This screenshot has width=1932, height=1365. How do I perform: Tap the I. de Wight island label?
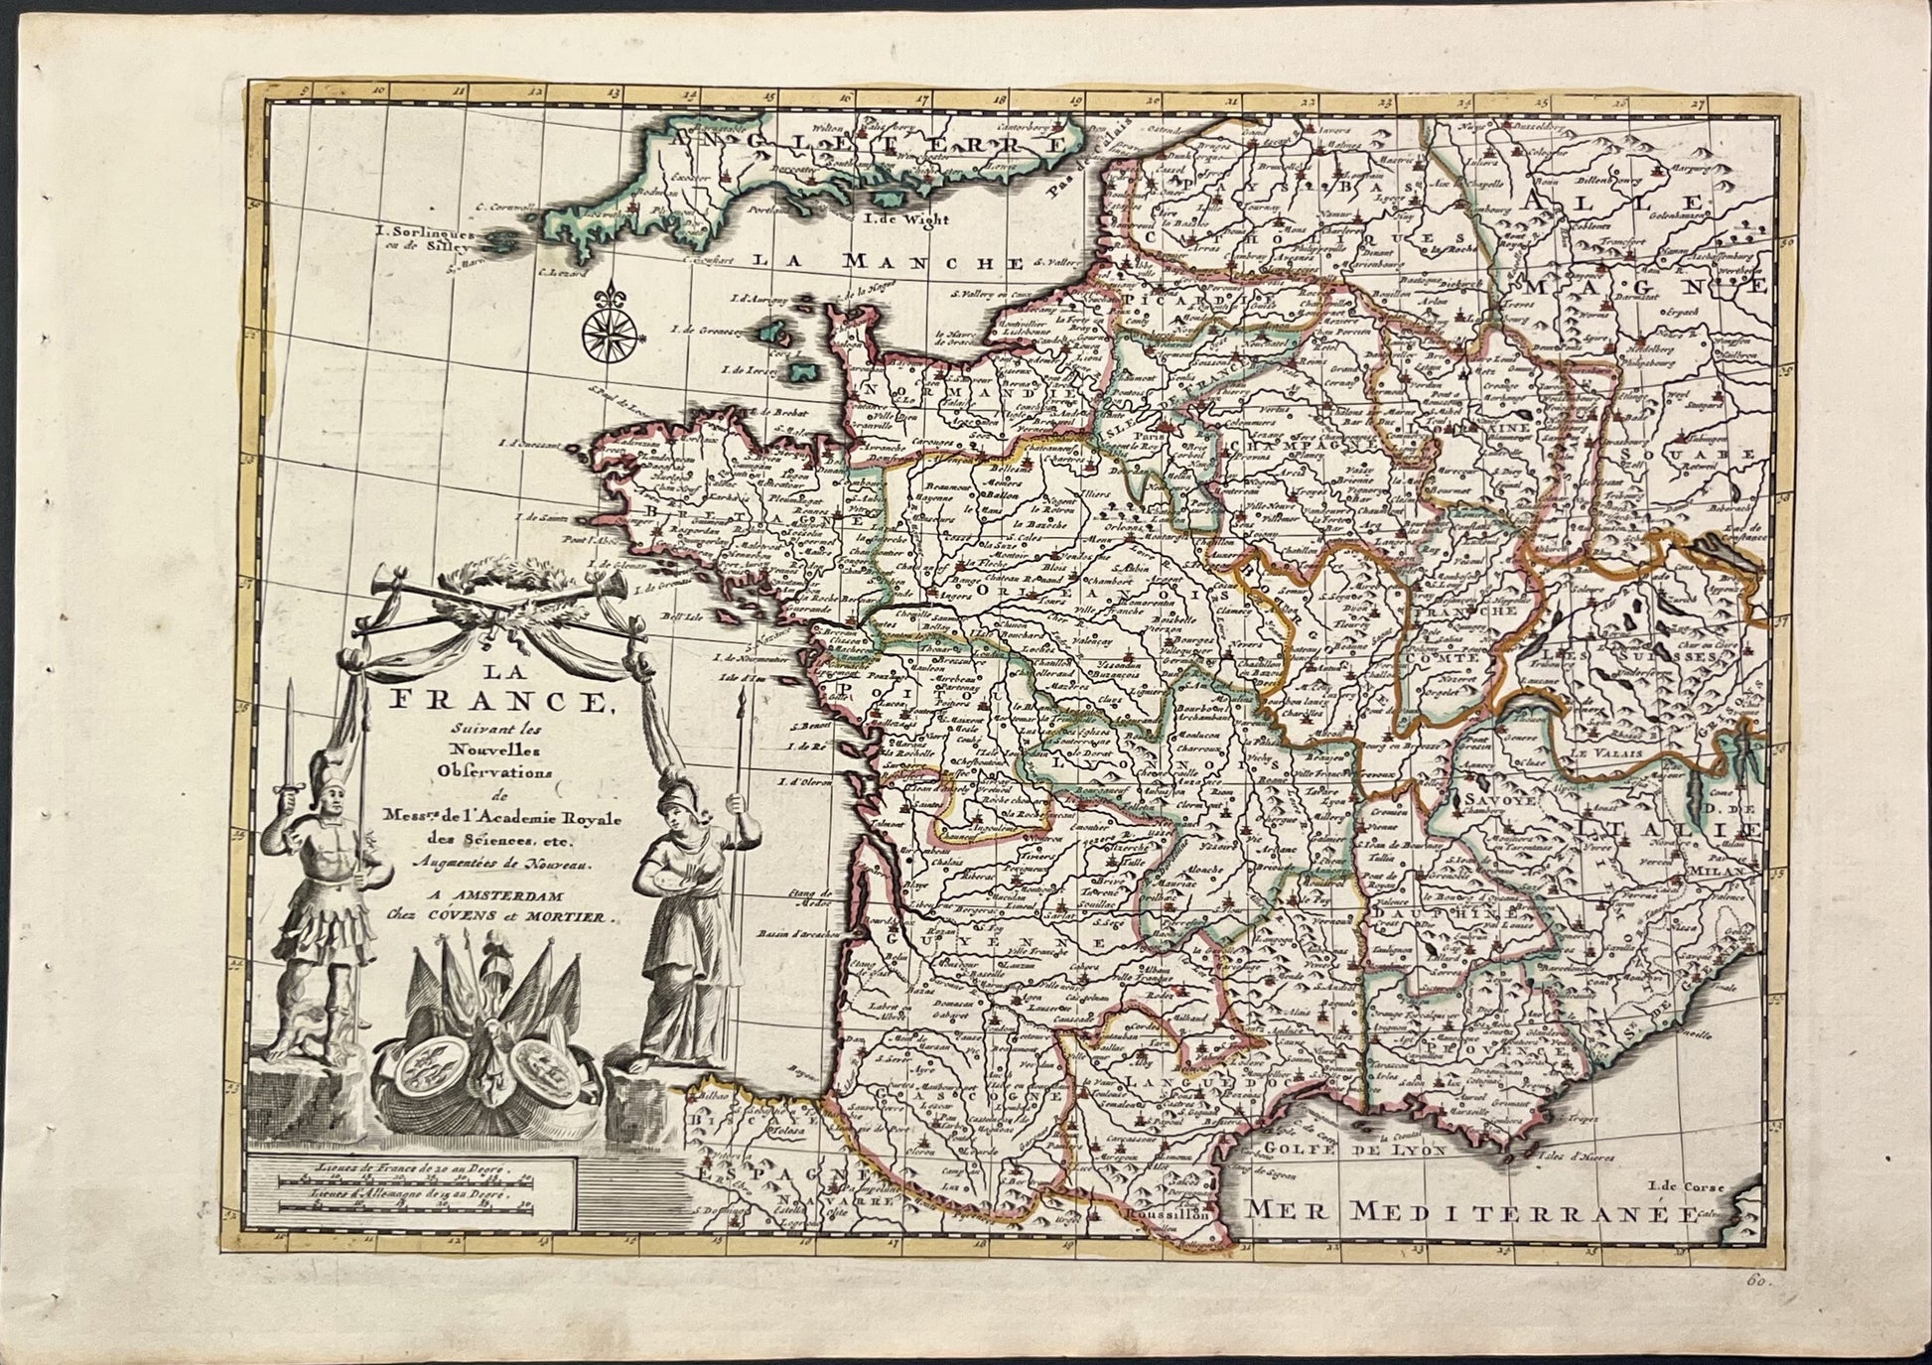[x=906, y=219]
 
